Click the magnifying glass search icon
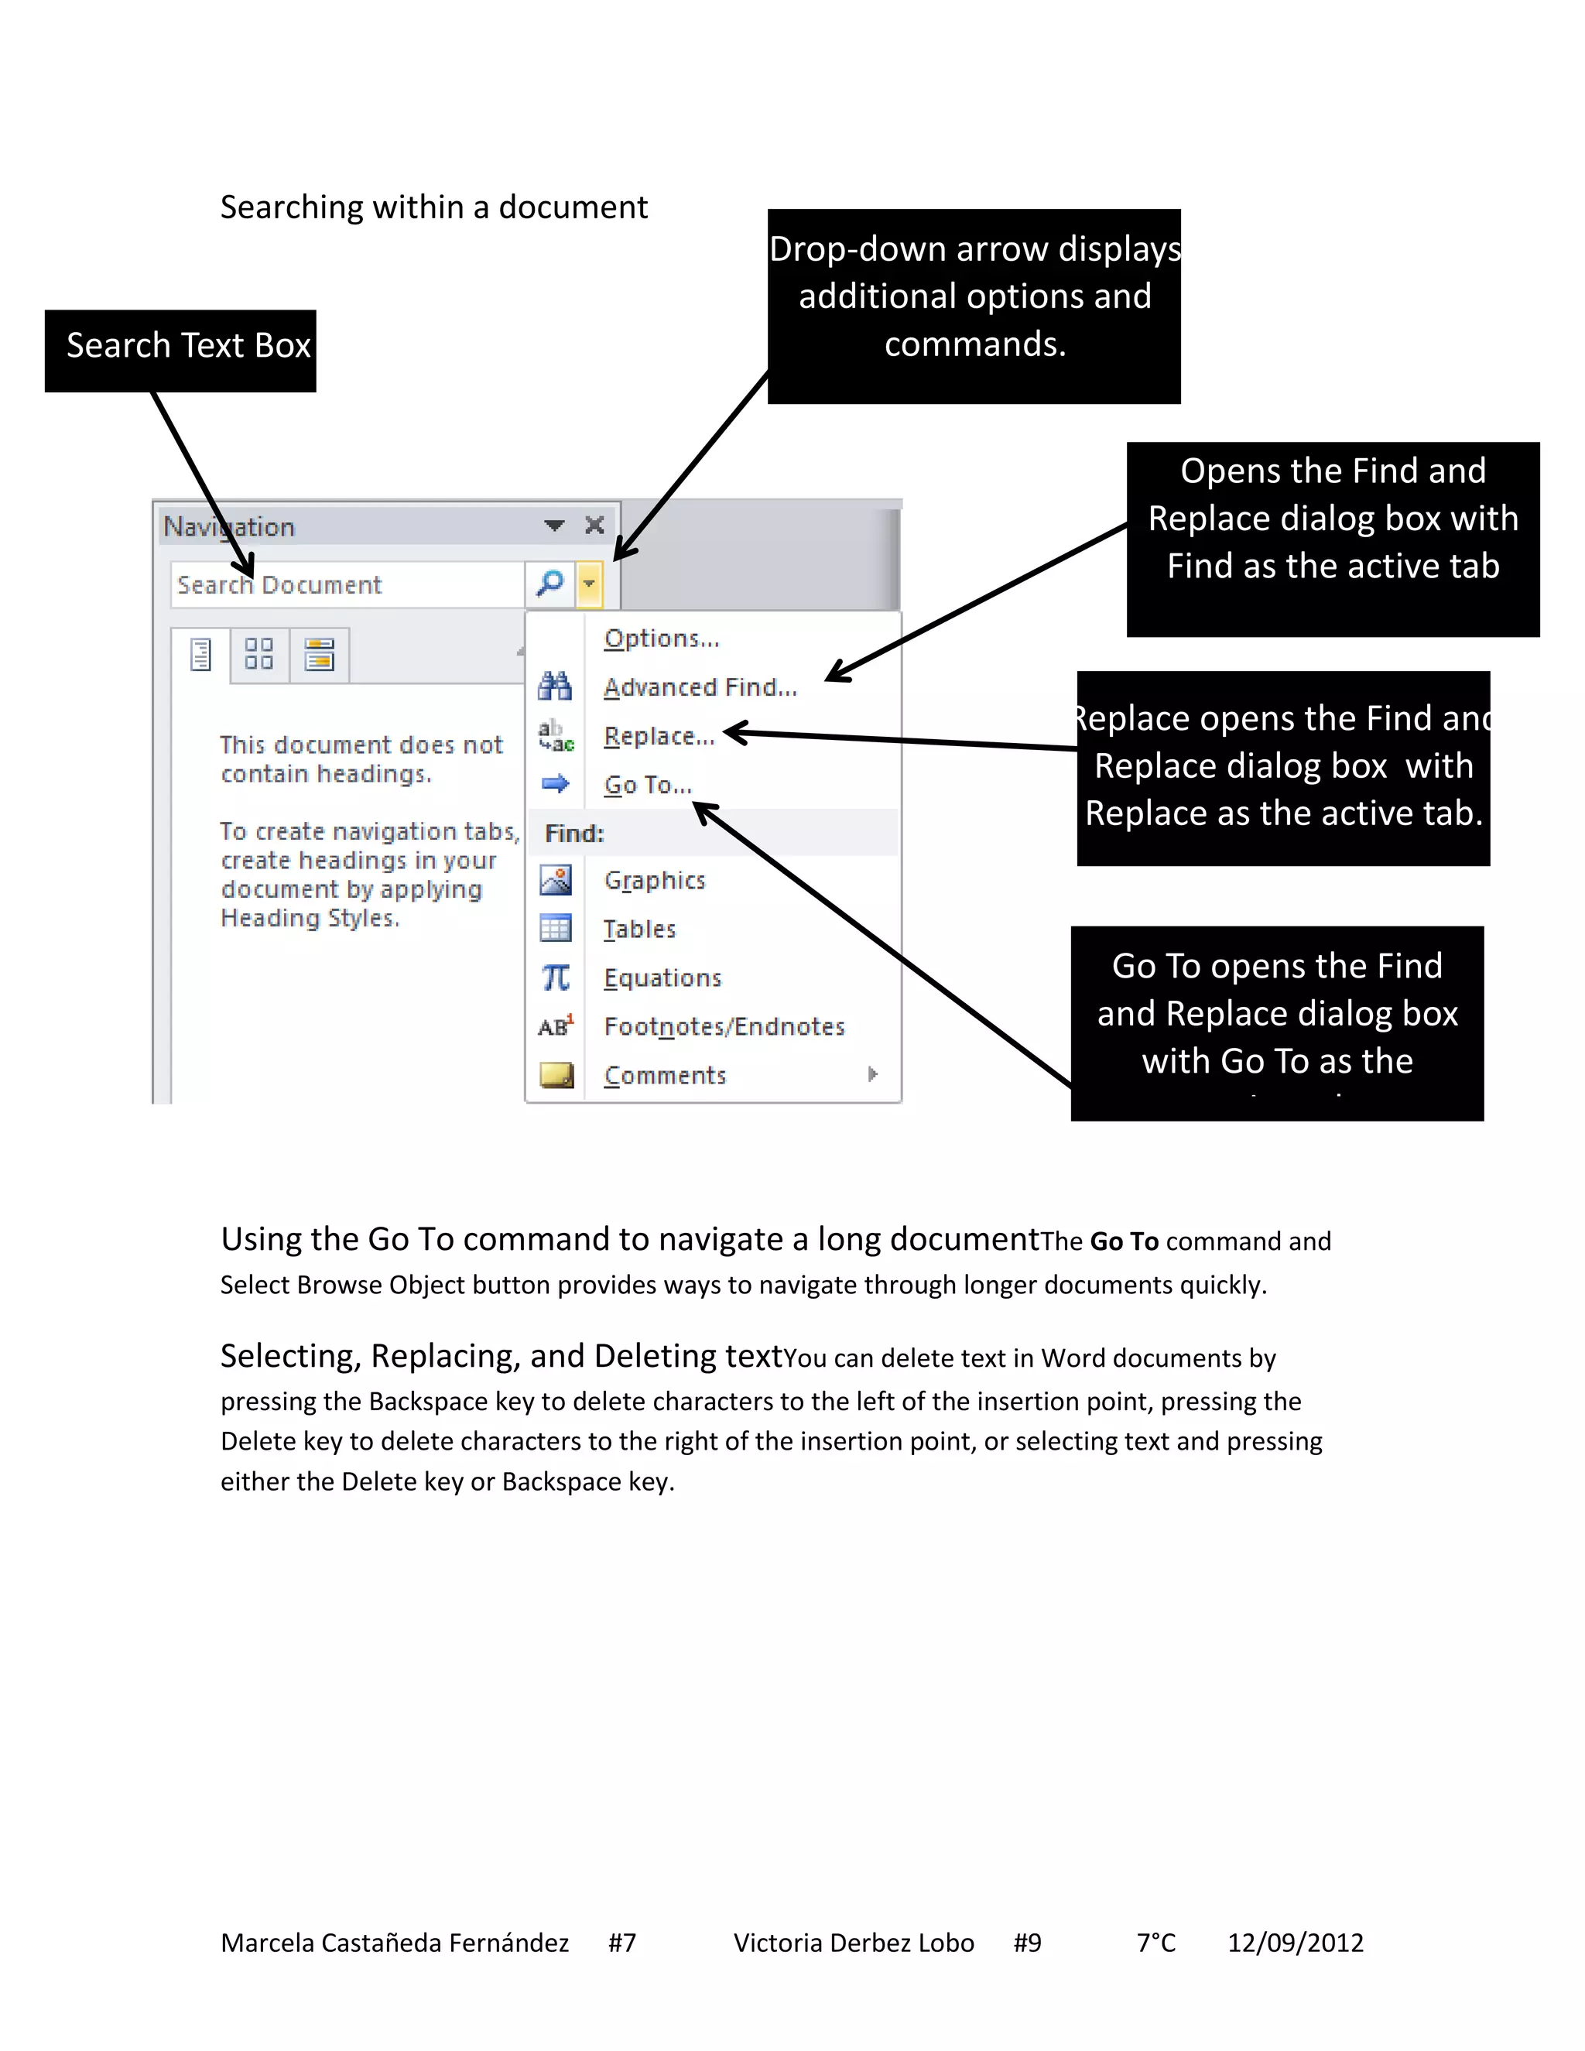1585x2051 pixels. pos(549,584)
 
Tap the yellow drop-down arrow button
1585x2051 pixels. pos(589,584)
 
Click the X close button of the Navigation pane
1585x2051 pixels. pos(594,525)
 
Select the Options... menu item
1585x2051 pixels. pos(661,639)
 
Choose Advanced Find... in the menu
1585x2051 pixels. pos(700,687)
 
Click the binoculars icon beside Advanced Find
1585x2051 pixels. pos(555,687)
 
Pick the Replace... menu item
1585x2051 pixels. pos(659,736)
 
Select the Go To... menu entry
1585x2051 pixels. pos(648,785)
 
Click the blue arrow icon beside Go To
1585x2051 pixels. pos(555,783)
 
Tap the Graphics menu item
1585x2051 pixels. pos(655,881)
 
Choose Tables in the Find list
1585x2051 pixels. pos(639,930)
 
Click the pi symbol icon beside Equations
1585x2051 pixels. pos(555,978)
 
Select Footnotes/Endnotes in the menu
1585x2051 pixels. pos(724,1026)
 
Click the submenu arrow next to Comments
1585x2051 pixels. pos(873,1074)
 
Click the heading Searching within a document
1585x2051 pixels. pos(434,207)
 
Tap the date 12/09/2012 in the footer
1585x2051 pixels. pos(1295,1942)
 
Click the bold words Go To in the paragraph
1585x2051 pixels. pos(1124,1241)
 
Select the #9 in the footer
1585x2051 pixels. pos(1027,1942)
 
